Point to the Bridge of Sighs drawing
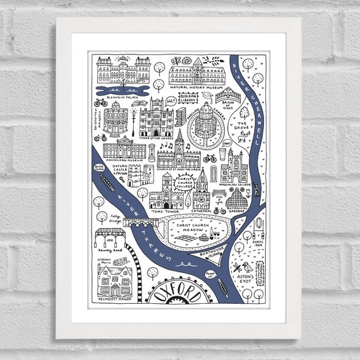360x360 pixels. point(228,96)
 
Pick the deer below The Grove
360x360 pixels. point(241,138)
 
